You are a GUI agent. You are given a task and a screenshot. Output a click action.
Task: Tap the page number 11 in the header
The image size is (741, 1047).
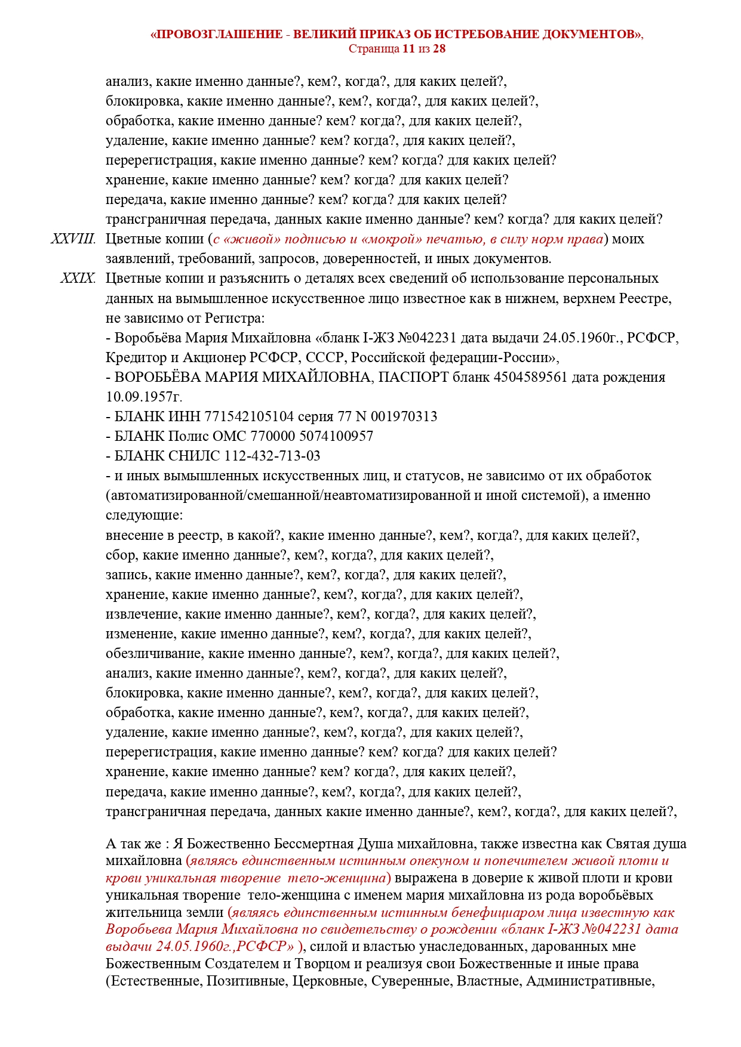(x=408, y=48)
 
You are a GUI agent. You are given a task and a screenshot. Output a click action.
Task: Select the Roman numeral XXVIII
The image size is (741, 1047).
(x=73, y=239)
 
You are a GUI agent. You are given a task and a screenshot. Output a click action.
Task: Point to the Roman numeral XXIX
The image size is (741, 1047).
(x=78, y=279)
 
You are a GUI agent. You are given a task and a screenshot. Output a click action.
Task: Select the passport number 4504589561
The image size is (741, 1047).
(x=530, y=377)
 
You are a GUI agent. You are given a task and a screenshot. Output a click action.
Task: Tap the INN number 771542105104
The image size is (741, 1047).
(x=249, y=416)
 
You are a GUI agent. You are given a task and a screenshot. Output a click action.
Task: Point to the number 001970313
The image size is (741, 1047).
(x=404, y=416)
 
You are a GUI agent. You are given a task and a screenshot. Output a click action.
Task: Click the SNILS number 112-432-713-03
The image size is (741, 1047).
(x=272, y=456)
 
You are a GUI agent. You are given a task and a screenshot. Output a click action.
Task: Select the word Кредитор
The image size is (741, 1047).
(x=136, y=357)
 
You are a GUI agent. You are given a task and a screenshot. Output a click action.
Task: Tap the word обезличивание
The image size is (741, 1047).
(x=154, y=653)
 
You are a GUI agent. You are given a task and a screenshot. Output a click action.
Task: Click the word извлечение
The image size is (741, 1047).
(x=142, y=614)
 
